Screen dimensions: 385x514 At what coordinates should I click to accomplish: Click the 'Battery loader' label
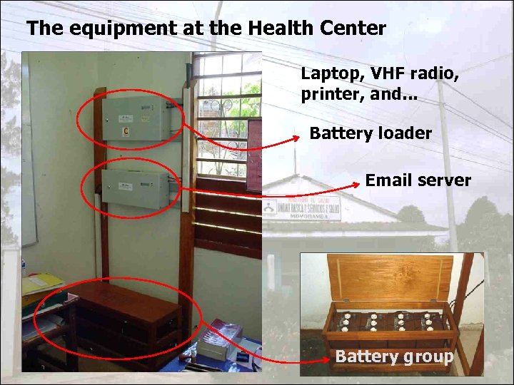coord(371,133)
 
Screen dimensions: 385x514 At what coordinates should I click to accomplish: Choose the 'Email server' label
coord(418,180)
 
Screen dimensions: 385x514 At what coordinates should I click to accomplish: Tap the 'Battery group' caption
coord(394,356)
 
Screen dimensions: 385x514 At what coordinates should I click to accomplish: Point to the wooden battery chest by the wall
coord(128,321)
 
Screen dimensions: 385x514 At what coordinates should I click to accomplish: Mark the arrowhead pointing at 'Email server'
coord(355,184)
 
